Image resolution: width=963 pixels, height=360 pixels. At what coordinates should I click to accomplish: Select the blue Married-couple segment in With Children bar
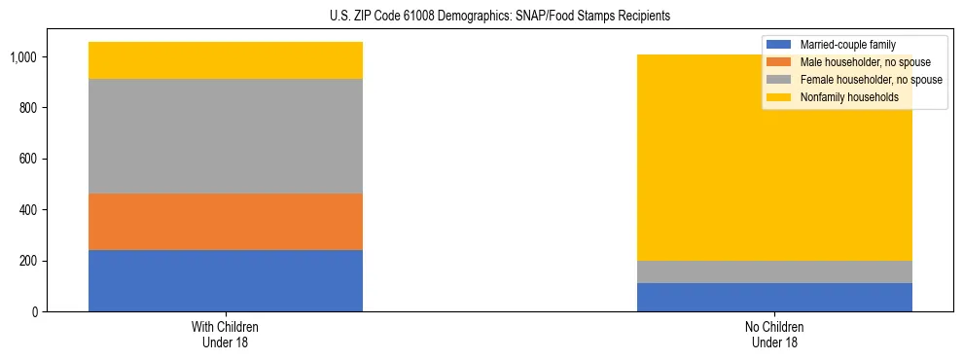226,280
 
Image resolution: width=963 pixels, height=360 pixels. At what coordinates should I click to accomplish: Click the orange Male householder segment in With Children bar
226,222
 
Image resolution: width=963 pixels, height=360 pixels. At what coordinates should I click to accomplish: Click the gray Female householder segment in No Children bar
774,271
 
